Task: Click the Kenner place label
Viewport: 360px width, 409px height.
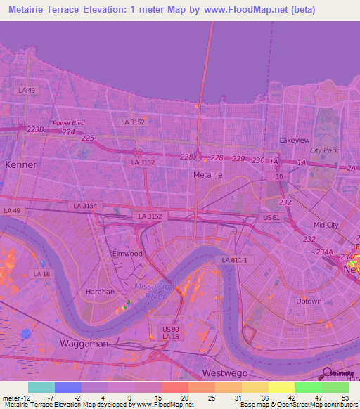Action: click(20, 164)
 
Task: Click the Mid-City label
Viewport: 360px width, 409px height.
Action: click(326, 225)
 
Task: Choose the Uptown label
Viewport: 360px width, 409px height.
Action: click(309, 301)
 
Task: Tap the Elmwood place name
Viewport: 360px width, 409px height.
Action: click(127, 253)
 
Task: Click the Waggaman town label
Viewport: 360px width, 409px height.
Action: click(83, 343)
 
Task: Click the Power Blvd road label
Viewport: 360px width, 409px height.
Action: click(68, 123)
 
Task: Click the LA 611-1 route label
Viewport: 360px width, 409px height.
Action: click(235, 260)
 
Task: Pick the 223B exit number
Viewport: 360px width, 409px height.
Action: click(35, 130)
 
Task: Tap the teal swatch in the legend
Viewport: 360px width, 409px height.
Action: click(41, 387)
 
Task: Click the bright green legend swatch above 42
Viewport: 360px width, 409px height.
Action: click(308, 387)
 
